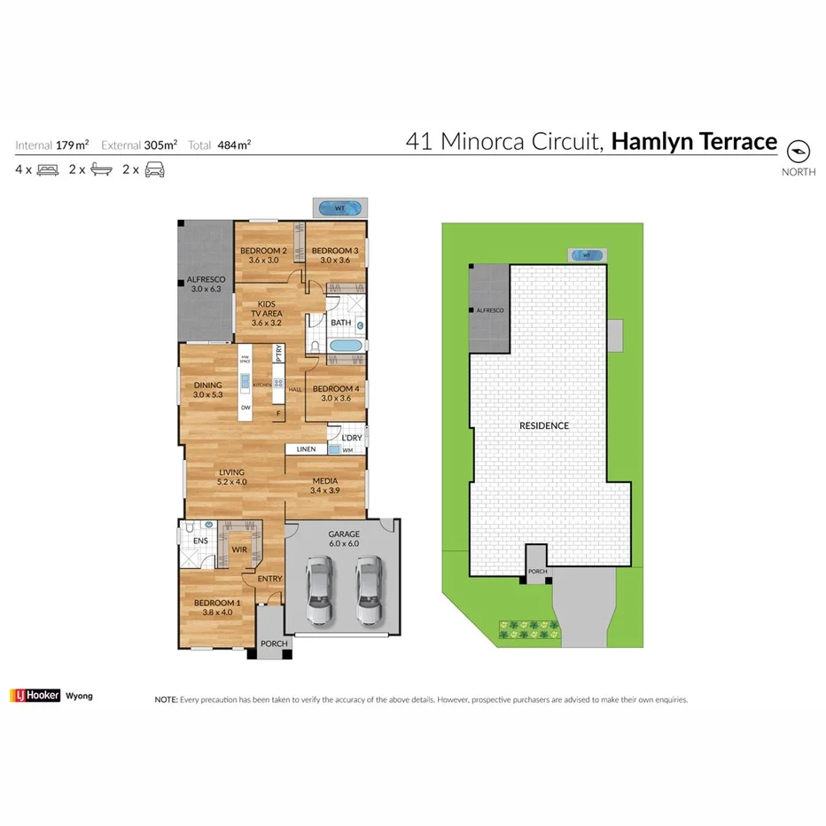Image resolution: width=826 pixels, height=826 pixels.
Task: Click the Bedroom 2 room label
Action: click(263, 251)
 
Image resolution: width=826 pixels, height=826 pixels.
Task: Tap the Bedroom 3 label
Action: click(335, 251)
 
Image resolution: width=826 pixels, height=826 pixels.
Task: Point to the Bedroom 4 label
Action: click(336, 389)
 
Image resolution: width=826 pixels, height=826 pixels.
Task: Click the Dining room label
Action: click(208, 386)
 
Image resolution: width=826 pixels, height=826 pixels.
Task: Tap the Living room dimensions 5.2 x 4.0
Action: click(232, 483)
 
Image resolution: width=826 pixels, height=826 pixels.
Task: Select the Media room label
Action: click(324, 481)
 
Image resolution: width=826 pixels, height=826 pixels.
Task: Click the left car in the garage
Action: click(318, 592)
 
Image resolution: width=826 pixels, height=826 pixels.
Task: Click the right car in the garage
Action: click(369, 592)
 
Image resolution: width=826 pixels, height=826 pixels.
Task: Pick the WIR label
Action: click(239, 550)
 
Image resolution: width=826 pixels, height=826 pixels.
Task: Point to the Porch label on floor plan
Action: click(273, 644)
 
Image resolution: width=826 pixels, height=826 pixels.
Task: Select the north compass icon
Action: click(799, 149)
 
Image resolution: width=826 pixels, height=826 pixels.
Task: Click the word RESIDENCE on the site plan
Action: click(543, 425)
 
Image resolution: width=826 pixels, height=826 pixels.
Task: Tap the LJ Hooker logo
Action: click(35, 696)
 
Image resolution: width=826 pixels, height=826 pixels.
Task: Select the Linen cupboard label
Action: click(306, 449)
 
